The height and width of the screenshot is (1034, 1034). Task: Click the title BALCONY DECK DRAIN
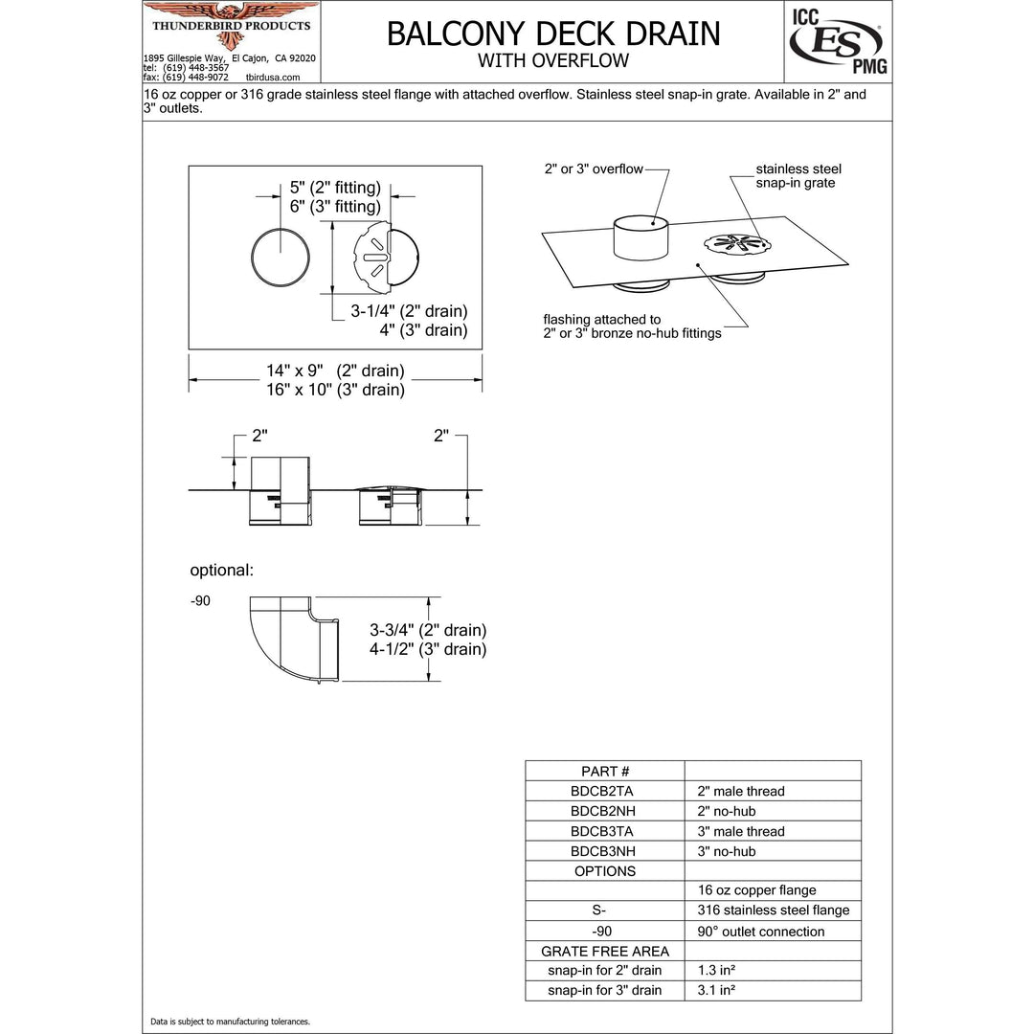[552, 33]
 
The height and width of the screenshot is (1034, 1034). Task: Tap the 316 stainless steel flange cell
[773, 910]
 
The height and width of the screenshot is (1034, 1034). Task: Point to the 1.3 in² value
[714, 971]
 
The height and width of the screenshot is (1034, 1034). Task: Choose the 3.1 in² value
[714, 991]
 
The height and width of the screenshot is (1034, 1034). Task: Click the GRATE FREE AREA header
[605, 951]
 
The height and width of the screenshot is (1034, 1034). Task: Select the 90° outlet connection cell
[760, 931]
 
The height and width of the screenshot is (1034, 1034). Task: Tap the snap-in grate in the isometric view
[733, 245]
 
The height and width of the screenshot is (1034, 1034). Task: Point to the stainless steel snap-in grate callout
[798, 176]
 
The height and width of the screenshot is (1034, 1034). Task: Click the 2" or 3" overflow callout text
[594, 169]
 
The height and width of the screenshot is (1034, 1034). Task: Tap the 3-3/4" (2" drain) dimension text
[428, 630]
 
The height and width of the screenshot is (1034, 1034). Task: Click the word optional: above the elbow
[221, 571]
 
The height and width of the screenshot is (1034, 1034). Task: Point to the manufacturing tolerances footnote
[230, 1022]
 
